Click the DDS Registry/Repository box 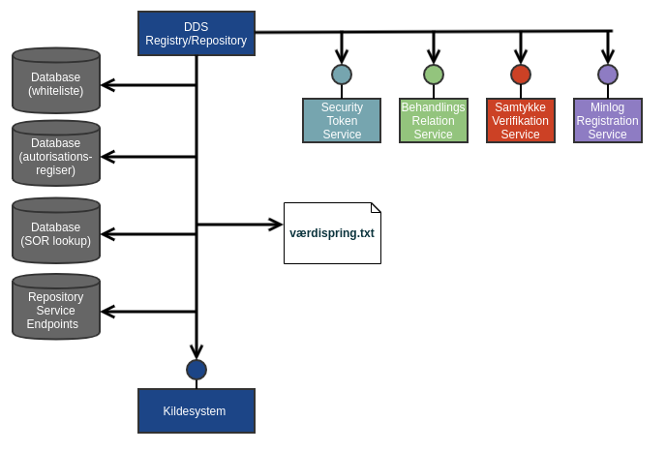point(197,33)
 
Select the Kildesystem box point(197,411)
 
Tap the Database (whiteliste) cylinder point(56,83)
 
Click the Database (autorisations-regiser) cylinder point(56,157)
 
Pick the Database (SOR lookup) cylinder point(56,233)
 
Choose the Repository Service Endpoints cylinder point(56,310)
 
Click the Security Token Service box point(342,121)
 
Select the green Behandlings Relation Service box point(434,121)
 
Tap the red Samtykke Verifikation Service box point(521,121)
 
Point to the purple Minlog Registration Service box point(608,121)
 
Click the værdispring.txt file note point(332,233)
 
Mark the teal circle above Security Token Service point(342,75)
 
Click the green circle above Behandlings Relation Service point(434,75)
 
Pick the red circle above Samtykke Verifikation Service point(521,75)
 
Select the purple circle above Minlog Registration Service point(608,75)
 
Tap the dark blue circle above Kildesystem point(197,370)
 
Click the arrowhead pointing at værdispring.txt point(276,225)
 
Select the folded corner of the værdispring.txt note point(376,208)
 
